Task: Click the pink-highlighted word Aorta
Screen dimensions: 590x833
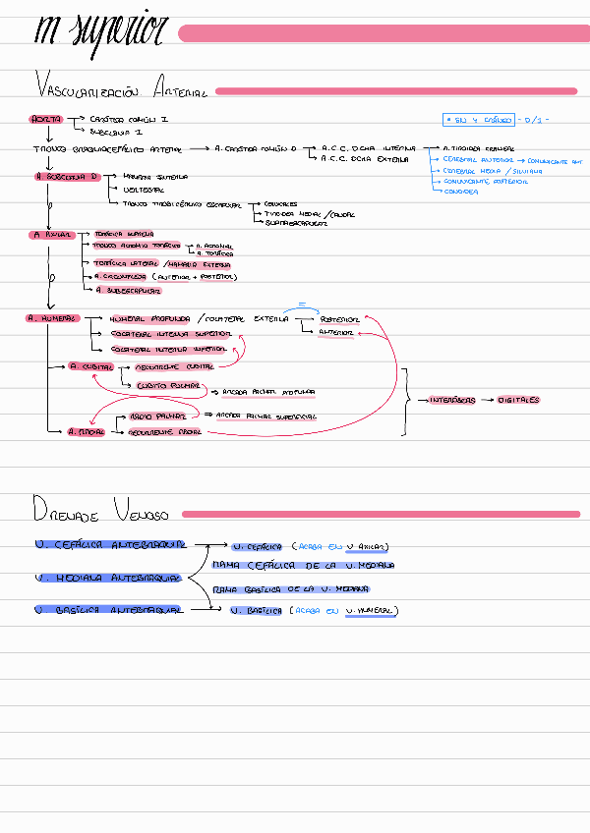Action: click(45, 119)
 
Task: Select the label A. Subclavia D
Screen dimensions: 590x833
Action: click(68, 177)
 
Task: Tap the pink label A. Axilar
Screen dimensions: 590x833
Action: click(51, 235)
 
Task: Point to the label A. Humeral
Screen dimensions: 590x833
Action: click(50, 318)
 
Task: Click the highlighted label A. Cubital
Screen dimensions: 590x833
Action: click(91, 366)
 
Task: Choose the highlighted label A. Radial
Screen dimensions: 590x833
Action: click(87, 431)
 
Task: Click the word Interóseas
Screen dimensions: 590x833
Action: click(452, 401)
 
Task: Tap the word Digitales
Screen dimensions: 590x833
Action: click(518, 401)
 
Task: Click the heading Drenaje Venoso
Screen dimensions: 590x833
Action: click(100, 511)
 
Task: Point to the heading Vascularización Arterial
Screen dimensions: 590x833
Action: click(120, 87)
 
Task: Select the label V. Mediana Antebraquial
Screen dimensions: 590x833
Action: click(107, 578)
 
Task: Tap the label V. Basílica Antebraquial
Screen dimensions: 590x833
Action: click(108, 610)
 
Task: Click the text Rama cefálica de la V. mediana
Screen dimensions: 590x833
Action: click(302, 566)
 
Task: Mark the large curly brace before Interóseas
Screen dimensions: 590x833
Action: click(405, 401)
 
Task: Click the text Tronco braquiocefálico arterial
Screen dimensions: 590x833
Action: click(106, 148)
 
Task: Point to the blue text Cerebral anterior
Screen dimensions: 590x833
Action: click(478, 158)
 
